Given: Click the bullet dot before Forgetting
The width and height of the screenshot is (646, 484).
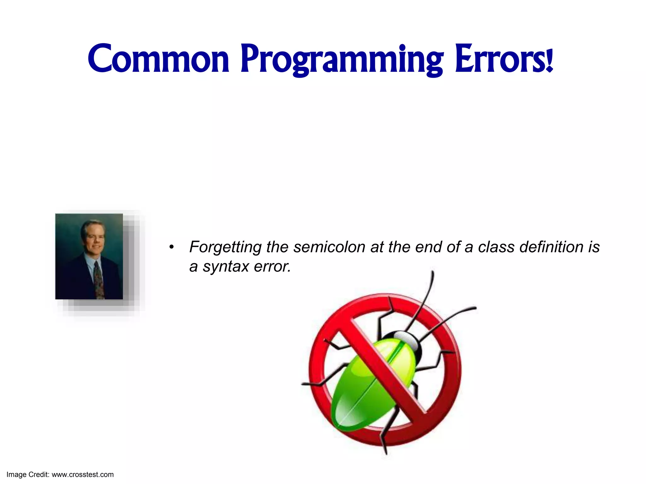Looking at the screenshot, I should [171, 247].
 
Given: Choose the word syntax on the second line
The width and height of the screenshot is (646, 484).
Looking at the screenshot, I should [226, 267].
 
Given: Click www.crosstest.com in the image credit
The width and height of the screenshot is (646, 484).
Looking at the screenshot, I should [83, 475].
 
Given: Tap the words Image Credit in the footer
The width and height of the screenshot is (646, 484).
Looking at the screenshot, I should [28, 475].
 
